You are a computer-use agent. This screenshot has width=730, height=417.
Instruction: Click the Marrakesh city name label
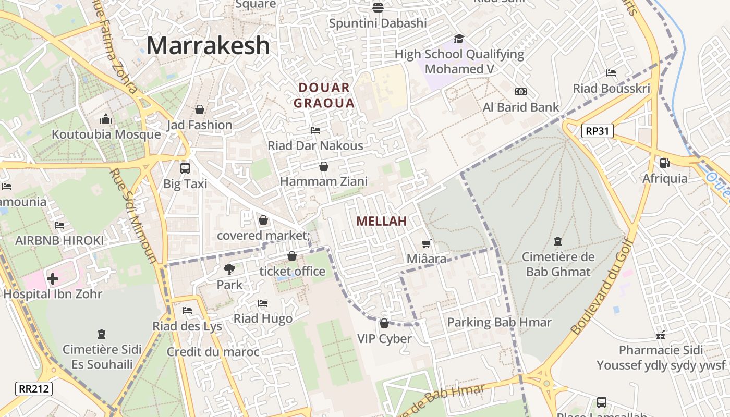[208, 46]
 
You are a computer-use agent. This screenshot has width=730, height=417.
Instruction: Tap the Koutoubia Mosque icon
[106, 119]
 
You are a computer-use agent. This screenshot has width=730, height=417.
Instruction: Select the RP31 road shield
[597, 131]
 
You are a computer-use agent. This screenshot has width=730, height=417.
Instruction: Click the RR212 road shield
[34, 388]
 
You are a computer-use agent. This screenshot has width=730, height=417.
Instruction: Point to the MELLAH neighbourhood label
[381, 221]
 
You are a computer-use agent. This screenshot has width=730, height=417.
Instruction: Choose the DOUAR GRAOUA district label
[324, 95]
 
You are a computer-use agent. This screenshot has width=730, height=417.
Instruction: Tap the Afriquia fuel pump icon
[664, 163]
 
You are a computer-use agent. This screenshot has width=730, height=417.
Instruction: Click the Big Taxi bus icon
[185, 168]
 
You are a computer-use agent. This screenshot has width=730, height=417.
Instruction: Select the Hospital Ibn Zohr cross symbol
[53, 279]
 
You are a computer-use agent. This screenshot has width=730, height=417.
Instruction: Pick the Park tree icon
[229, 269]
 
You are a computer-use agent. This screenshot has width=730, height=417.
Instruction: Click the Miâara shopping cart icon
[426, 243]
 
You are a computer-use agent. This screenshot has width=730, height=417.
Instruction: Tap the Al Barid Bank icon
[520, 92]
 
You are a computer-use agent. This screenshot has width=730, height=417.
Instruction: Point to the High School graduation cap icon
[459, 39]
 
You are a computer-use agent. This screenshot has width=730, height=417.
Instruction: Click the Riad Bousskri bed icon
[611, 73]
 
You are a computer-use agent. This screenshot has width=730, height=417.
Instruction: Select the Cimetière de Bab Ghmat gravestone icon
[558, 241]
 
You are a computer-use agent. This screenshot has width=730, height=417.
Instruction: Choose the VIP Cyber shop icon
[384, 324]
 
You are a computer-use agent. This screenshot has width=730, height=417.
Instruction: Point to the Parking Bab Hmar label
[499, 322]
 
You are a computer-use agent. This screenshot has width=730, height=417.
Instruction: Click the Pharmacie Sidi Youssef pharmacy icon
[661, 335]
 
